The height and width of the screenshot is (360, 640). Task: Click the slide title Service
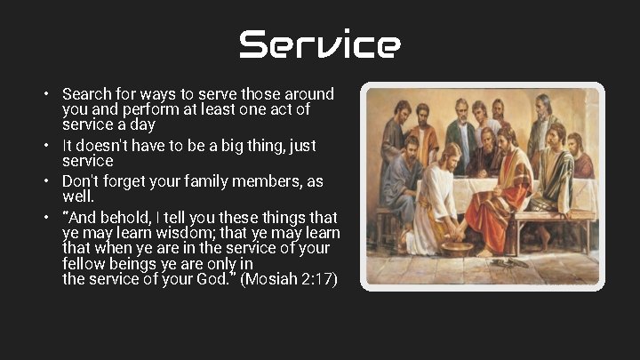tap(319, 44)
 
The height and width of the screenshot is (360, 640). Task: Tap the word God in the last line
tap(214, 279)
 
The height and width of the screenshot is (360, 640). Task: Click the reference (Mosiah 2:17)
tap(290, 279)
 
